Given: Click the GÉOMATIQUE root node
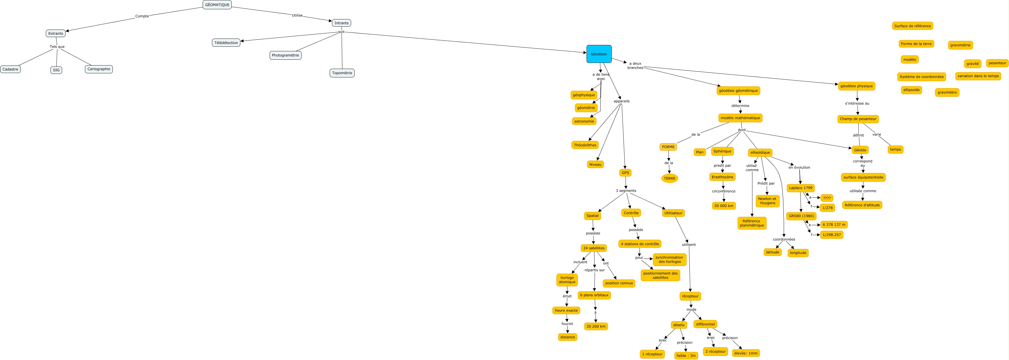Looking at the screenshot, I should tap(217, 5).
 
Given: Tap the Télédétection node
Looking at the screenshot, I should tap(226, 43).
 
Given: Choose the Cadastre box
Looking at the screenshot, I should tap(10, 69).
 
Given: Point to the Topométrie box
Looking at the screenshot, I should tap(342, 73).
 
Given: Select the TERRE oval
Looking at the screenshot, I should tap(669, 179).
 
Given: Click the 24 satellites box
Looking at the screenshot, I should tap(594, 248).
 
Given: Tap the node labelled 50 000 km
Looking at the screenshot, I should tap(724, 206).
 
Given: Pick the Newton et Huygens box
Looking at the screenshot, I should tap(767, 201).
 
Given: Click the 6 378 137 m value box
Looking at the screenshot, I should tap(834, 224).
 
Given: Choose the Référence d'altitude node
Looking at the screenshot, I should tap(862, 205).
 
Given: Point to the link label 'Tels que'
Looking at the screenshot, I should tap(57, 47).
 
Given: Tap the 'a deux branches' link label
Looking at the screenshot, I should tap(635, 66).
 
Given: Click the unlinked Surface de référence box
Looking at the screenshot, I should tap(913, 26).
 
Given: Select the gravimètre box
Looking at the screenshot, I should tap(947, 92).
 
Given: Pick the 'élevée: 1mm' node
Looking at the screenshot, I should tap(746, 353).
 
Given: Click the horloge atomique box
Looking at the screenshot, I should tap(567, 280).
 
